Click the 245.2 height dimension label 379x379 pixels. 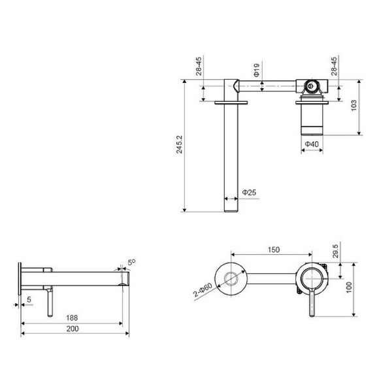(179, 144)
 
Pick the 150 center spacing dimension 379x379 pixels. (274, 250)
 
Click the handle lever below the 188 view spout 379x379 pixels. (48, 305)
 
